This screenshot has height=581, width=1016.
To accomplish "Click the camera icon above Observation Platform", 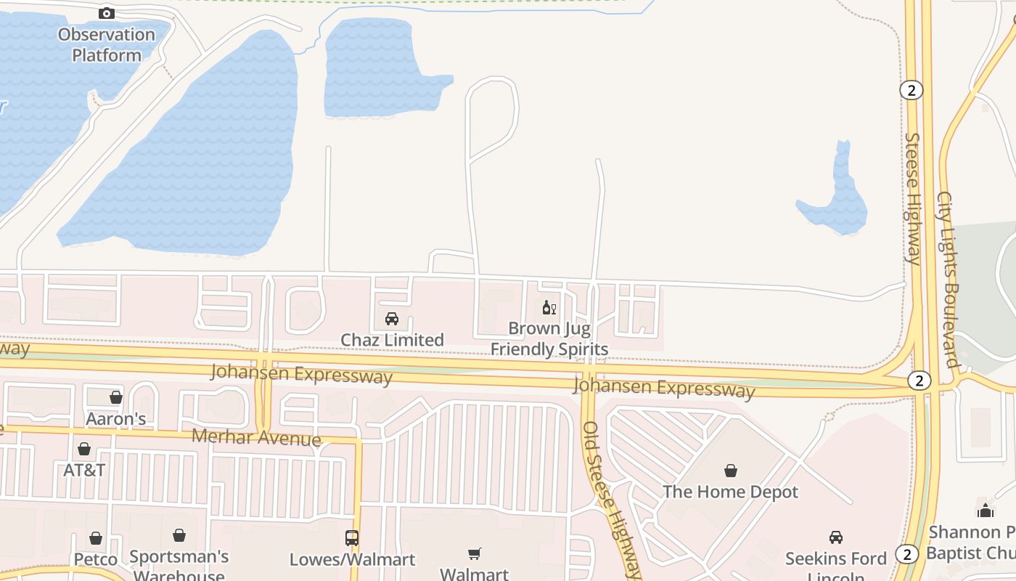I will tap(106, 13).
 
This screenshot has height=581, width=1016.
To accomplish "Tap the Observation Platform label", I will tap(106, 44).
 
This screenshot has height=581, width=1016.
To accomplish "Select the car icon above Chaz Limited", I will tap(392, 318).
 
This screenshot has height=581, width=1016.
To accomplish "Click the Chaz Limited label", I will tap(392, 339).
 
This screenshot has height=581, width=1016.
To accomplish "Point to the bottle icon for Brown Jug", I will tap(549, 308).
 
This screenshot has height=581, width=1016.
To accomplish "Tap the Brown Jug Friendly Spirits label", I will tap(549, 338).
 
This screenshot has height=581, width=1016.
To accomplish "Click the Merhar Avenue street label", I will tap(256, 437).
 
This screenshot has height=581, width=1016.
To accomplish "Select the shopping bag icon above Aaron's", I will tap(116, 397).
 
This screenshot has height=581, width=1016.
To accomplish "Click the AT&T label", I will tap(84, 470).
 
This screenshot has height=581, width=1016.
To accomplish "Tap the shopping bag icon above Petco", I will tap(96, 538).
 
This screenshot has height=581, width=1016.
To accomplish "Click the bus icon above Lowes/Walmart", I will tap(352, 538).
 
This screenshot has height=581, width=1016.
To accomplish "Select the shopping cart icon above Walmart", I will tap(475, 554).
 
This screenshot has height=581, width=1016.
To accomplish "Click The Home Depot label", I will tap(730, 492).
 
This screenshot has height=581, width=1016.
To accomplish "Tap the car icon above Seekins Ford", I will tap(836, 537).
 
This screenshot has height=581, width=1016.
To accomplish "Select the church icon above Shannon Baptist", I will tap(985, 511).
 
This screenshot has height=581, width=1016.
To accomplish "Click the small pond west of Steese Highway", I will tap(839, 200).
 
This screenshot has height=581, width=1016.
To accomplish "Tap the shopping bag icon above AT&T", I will tap(84, 449).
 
